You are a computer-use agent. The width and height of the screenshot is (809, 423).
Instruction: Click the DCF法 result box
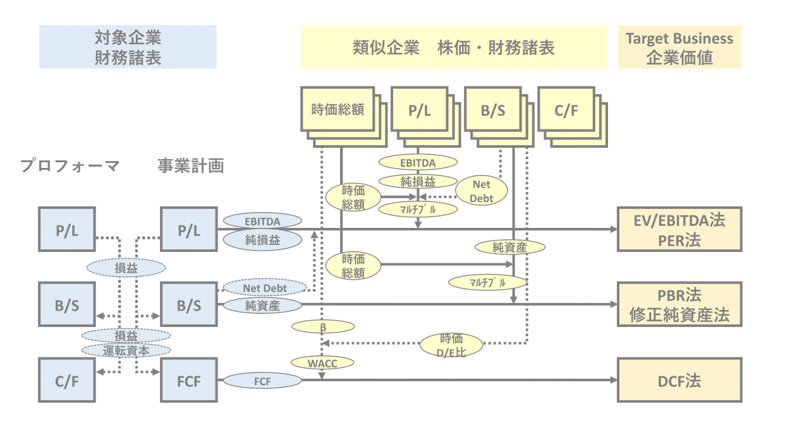pyautogui.click(x=679, y=380)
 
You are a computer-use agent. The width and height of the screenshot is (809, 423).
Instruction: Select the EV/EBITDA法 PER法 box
pyautogui.click(x=679, y=229)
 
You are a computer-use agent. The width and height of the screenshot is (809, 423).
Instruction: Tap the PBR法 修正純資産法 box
pyautogui.click(x=679, y=304)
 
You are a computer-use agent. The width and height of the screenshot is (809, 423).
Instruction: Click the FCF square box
pyautogui.click(x=188, y=380)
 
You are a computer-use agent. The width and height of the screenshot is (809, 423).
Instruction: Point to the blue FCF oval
pyautogui.click(x=262, y=381)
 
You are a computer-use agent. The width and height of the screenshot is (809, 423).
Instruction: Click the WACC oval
pyautogui.click(x=322, y=362)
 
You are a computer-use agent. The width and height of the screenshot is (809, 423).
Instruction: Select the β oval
pyautogui.click(x=322, y=327)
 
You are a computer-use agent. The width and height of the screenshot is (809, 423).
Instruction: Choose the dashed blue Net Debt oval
pyautogui.click(x=265, y=288)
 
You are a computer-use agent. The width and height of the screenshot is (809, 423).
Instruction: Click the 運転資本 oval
pyautogui.click(x=126, y=349)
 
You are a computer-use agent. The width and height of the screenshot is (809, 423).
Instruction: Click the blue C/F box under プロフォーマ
pyautogui.click(x=66, y=380)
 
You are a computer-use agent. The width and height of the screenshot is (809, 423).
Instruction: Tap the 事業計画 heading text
pyautogui.click(x=191, y=166)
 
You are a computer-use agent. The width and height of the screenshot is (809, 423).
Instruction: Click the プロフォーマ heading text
pyautogui.click(x=70, y=166)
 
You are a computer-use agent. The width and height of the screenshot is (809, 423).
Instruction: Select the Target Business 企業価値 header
pyautogui.click(x=679, y=47)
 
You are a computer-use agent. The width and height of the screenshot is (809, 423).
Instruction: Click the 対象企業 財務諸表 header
pyautogui.click(x=128, y=47)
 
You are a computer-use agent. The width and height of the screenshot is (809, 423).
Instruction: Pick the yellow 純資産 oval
pyautogui.click(x=509, y=247)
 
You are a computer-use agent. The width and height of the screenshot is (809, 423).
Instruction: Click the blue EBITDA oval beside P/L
pyautogui.click(x=262, y=221)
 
